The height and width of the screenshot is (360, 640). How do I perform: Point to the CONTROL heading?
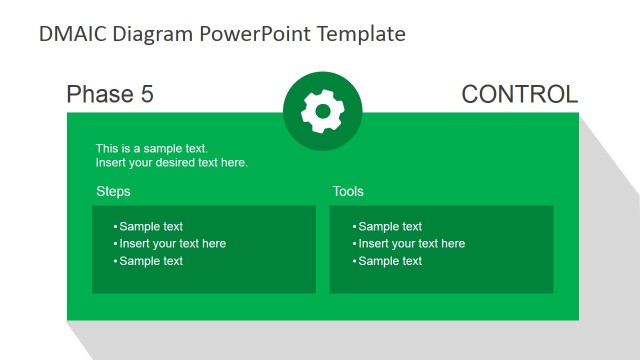point(519,95)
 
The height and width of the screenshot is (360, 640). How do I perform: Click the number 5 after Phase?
point(146,95)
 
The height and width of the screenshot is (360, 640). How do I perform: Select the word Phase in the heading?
point(99,95)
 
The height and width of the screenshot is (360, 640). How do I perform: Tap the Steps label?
point(113,191)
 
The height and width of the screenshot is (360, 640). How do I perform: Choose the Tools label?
point(348,191)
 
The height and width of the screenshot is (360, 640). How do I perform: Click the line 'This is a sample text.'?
point(152,148)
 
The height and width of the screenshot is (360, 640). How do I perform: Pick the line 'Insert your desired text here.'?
point(172,162)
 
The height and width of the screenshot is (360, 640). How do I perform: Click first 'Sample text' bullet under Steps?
point(151,227)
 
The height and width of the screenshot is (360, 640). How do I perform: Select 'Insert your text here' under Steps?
point(172,244)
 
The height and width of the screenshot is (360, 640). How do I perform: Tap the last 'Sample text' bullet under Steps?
point(151,261)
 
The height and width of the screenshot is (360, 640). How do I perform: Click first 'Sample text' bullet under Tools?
point(390,227)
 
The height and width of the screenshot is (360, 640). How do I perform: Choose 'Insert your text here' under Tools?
point(411,244)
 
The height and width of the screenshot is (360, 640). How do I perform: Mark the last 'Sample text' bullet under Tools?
point(390,261)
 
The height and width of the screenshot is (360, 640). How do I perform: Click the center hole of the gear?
point(322,111)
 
